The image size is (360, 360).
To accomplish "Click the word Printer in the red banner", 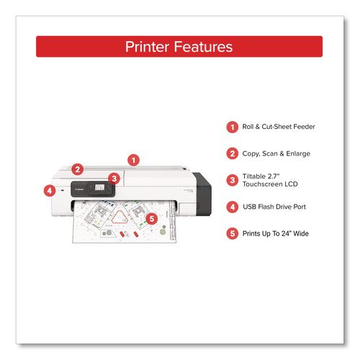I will point(149,47).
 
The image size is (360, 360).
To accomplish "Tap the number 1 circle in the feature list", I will point(232,127).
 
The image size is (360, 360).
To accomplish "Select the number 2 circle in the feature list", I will point(232,153).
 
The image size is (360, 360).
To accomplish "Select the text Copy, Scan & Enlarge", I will point(276,153).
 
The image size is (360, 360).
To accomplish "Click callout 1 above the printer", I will point(132,160).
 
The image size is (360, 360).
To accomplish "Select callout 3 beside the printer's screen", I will point(113,179).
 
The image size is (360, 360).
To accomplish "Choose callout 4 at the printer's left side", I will point(50,191).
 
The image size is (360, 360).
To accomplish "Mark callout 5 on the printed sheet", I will point(151,219).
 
